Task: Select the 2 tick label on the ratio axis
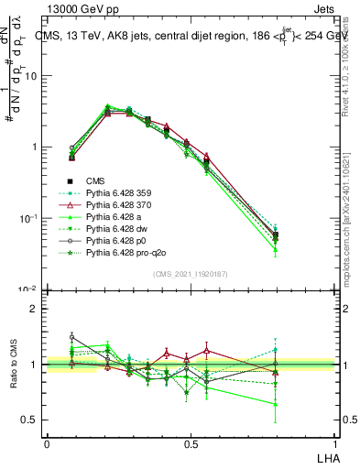(37, 309)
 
